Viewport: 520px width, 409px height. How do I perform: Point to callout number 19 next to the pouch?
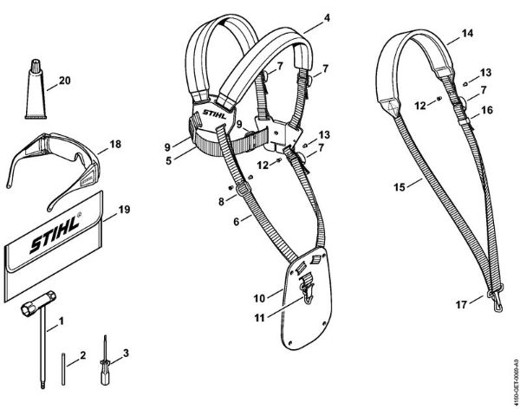[x=123, y=209]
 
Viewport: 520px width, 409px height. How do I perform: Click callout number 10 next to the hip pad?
[x=259, y=298]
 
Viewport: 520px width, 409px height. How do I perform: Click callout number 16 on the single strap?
[x=487, y=111]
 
